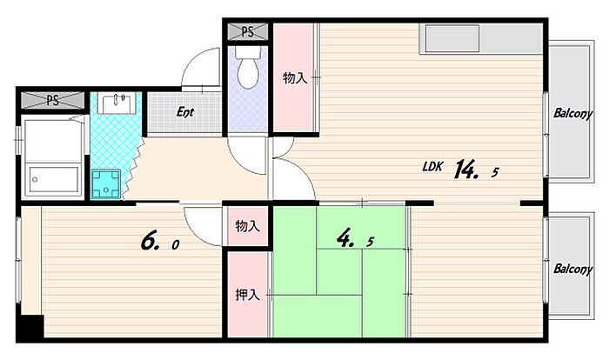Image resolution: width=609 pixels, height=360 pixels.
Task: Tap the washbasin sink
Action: pos(117,103)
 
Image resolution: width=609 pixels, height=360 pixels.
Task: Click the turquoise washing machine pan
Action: pos(106,183)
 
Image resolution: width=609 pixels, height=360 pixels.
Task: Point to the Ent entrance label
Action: pos(184,112)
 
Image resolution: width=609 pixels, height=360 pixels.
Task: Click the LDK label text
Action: pos(432,167)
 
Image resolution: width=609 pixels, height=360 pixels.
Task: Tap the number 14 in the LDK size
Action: pos(465,169)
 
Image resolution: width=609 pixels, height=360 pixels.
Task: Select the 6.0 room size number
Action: pos(159,241)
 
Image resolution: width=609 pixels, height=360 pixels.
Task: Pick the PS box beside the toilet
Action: pos(247,31)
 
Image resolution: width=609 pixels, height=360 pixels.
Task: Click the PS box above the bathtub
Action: pos(52,101)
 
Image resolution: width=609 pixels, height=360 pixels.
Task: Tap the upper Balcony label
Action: pos(572,113)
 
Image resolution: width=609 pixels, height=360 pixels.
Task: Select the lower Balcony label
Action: pos(572,269)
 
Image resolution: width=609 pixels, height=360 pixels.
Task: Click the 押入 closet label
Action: pos(247,295)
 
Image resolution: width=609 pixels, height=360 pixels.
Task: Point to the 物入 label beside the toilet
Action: pos(295,78)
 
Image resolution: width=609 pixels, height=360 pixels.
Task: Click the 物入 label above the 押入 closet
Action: pos(247,225)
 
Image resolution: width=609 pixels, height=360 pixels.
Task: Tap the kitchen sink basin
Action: pos(452,38)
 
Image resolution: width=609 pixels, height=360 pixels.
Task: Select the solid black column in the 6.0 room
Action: pos(30,327)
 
